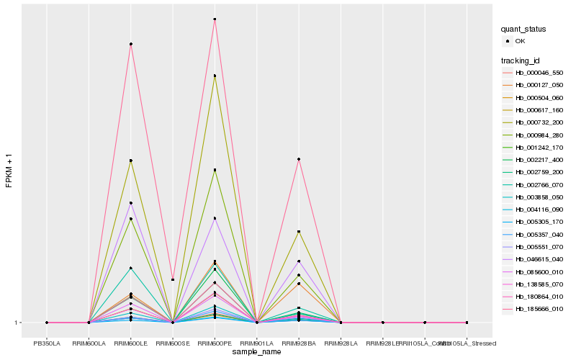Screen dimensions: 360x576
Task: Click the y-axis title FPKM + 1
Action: (x=9, y=171)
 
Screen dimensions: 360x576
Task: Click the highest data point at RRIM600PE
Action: (x=215, y=19)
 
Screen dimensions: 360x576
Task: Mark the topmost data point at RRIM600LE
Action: (x=131, y=44)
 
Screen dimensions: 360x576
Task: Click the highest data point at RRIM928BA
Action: (x=299, y=159)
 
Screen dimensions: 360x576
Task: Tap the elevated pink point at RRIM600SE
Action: (x=173, y=279)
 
